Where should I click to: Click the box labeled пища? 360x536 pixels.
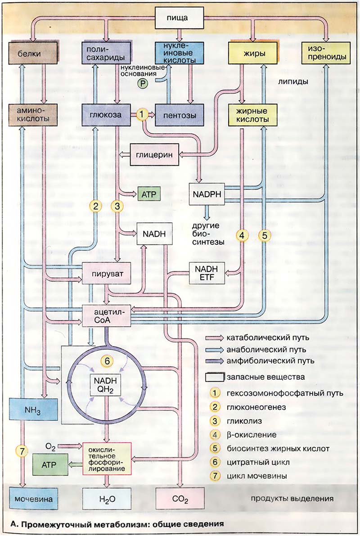(x=180, y=18)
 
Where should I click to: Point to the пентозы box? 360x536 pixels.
(x=179, y=115)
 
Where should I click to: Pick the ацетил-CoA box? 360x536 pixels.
(x=107, y=315)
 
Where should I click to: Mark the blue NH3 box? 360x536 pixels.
(x=33, y=410)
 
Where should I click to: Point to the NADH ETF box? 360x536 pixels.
(x=206, y=272)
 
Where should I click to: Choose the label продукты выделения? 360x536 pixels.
(x=292, y=498)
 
